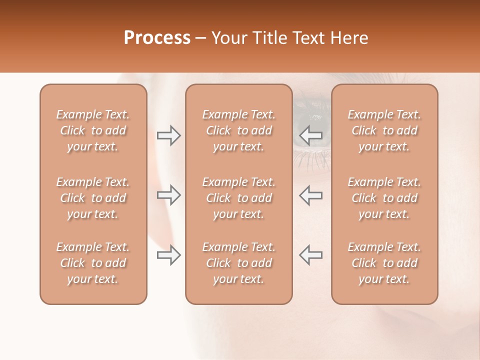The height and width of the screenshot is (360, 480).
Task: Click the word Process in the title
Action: point(157,38)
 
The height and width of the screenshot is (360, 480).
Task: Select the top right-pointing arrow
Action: point(168,135)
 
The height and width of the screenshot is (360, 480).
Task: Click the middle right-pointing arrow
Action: point(168,195)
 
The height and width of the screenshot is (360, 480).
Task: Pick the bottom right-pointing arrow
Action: point(168,255)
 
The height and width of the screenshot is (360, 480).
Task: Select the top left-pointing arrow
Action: point(311,135)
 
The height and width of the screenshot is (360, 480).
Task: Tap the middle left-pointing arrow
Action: point(311,195)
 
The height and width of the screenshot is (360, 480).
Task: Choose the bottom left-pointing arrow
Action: point(311,255)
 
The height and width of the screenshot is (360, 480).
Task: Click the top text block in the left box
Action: point(93,130)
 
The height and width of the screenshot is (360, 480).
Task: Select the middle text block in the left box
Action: point(93,198)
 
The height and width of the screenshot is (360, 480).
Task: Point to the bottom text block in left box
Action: point(93,263)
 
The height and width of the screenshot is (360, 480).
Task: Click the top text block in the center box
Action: point(238,130)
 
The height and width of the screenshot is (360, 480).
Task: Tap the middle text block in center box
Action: point(238,198)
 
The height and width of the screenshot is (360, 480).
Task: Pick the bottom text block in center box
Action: point(238,263)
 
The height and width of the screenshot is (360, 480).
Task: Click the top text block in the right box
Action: point(384,130)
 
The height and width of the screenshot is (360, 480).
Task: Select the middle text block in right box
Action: point(384,198)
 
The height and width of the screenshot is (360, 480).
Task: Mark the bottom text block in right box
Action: point(384,263)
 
